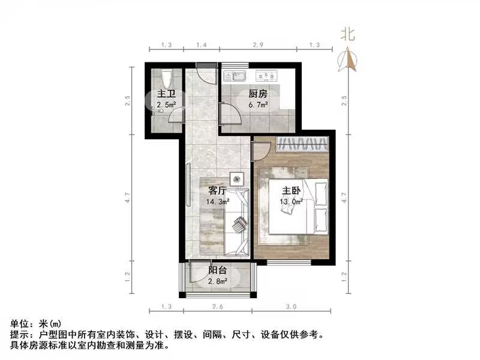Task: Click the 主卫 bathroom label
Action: tap(166, 94)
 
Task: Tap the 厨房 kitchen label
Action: tap(258, 94)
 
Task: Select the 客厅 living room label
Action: tap(217, 190)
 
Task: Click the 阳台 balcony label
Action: tap(217, 271)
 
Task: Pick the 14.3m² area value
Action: tap(217, 202)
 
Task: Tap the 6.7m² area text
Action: tap(258, 106)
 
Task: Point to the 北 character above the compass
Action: tap(348, 34)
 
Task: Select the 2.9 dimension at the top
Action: tap(259, 45)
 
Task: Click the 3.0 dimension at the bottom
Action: tap(291, 307)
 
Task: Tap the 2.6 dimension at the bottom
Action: tap(218, 307)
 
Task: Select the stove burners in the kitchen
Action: tap(265, 76)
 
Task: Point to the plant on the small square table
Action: tap(236, 179)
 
